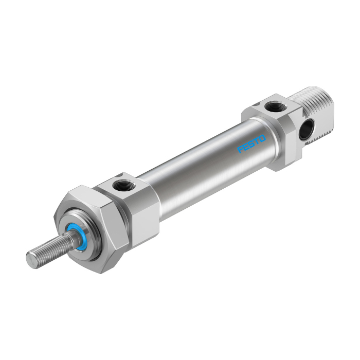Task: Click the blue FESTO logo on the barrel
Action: pyautogui.click(x=251, y=145)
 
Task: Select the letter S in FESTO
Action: pyautogui.click(x=251, y=145)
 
